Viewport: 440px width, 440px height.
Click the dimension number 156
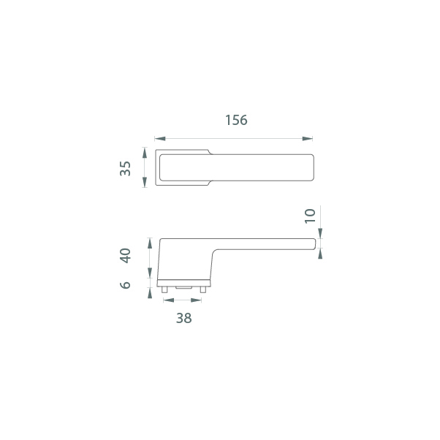tap(236, 120)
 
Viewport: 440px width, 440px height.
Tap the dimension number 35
tap(125, 168)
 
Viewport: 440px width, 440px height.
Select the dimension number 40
tap(125, 255)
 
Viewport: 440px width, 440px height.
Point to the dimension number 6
tap(125, 285)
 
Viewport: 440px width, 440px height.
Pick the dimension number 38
tap(183, 318)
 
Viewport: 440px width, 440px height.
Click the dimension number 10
tap(310, 216)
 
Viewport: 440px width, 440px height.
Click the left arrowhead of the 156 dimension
tap(160, 139)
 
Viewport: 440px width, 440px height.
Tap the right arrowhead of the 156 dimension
tap(307, 139)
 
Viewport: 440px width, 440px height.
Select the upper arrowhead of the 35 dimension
tap(145, 153)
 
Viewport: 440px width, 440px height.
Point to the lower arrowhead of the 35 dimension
tap(145, 182)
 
